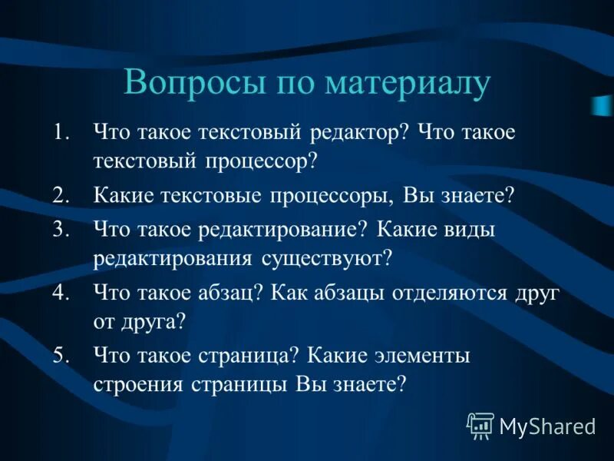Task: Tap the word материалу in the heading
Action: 407,83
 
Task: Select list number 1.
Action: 61,131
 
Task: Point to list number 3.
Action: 61,230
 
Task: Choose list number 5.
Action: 61,356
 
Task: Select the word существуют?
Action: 331,258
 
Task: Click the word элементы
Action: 422,356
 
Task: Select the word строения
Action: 131,384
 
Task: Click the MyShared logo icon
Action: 480,425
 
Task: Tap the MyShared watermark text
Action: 547,426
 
